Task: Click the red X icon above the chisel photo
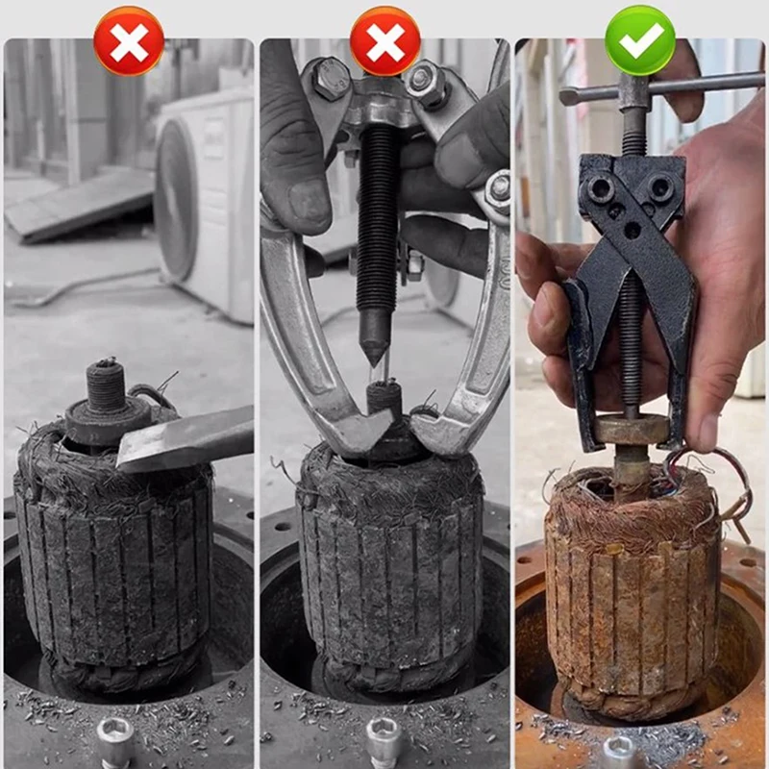(x=129, y=40)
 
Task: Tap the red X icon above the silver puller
(x=384, y=40)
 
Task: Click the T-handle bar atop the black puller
(x=663, y=89)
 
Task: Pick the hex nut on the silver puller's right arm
(x=498, y=189)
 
